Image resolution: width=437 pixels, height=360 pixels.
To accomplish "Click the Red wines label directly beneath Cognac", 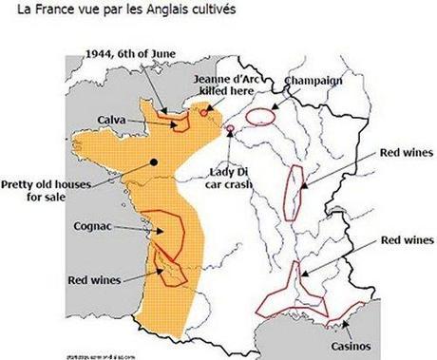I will coord(94,280).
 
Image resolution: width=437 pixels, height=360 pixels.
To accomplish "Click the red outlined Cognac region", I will coord(169,232).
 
